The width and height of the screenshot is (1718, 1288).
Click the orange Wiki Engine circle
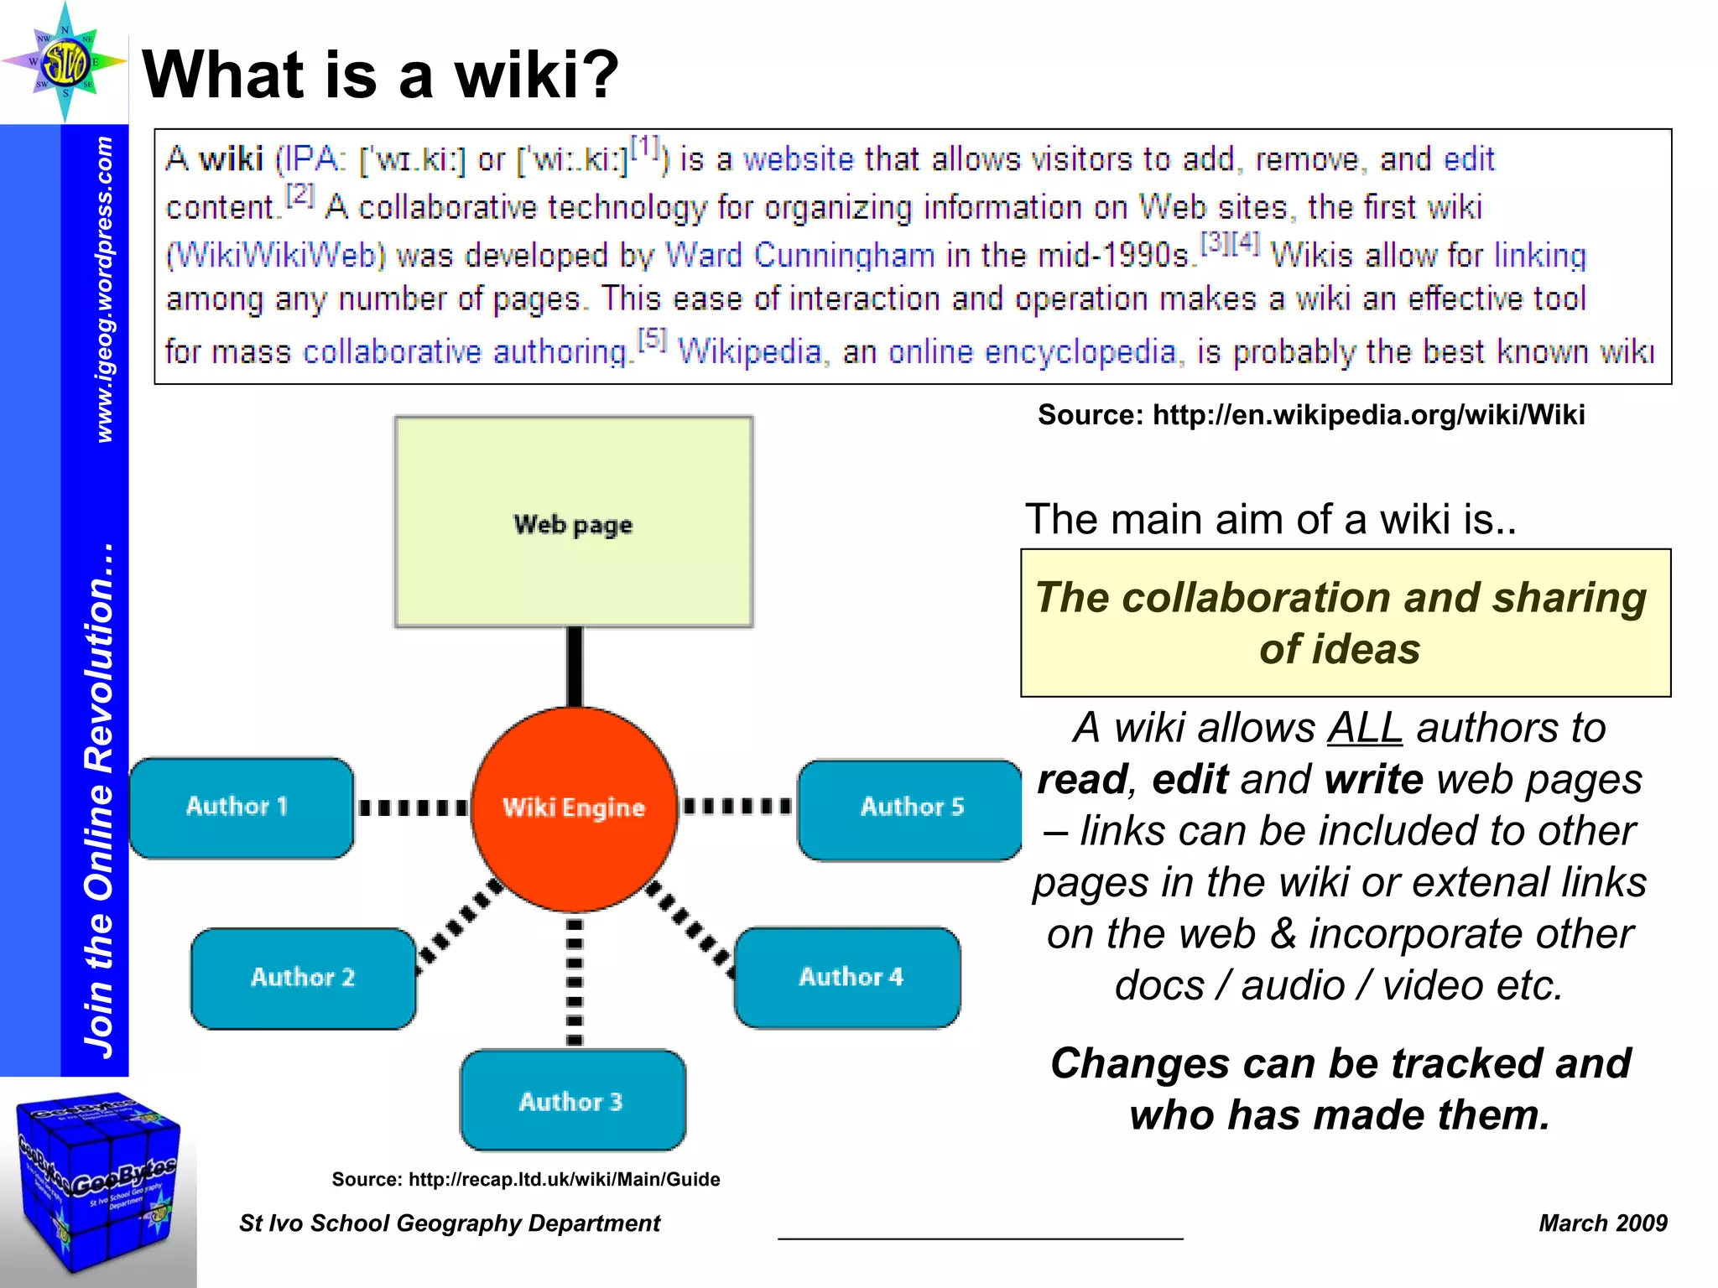point(574,808)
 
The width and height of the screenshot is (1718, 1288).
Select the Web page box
point(574,522)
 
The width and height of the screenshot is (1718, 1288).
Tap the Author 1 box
point(241,808)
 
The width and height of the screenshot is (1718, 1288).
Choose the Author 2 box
point(303,978)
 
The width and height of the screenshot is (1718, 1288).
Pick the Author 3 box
point(573,1100)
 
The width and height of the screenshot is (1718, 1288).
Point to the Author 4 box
point(848,978)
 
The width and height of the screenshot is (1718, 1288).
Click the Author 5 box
point(910,809)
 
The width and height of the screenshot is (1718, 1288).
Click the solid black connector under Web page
point(575,667)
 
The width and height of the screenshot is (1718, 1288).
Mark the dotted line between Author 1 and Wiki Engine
point(412,808)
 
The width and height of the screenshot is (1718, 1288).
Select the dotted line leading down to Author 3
point(575,981)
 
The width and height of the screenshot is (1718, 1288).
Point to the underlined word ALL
point(1365,728)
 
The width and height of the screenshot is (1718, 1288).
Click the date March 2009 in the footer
point(1602,1223)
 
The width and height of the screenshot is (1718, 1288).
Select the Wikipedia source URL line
point(1310,415)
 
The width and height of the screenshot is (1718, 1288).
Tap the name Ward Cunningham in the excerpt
point(799,255)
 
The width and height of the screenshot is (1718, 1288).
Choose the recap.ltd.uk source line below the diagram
point(526,1180)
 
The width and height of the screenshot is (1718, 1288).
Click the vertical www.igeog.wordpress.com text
point(103,289)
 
